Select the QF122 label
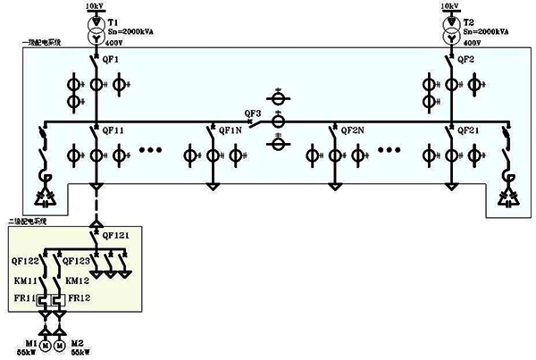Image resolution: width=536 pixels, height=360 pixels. [x=25, y=262]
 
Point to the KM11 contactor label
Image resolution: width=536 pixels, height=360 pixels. [x=23, y=280]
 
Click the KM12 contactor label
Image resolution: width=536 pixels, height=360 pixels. [x=79, y=280]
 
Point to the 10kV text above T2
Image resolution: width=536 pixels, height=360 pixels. [x=452, y=5]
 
